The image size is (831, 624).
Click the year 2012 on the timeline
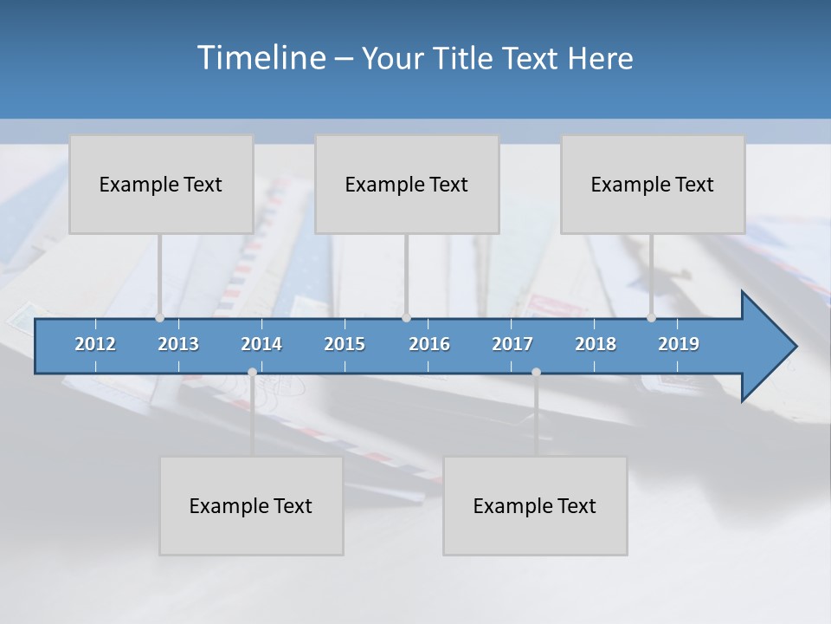coord(95,344)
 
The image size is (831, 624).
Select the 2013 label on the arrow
coord(178,344)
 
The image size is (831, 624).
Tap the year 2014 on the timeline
coord(261,344)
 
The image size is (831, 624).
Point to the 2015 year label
coord(345,344)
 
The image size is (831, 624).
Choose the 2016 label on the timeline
coord(429,344)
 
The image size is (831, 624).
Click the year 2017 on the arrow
coord(512,344)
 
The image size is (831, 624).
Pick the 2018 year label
coord(596,344)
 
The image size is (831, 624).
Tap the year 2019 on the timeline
coord(679,344)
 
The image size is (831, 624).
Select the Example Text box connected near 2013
coord(161,184)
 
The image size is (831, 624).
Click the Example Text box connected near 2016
coord(407,184)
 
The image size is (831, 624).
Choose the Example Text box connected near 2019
coord(653,184)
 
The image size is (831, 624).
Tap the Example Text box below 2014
coord(251,505)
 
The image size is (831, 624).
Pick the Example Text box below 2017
coord(535,505)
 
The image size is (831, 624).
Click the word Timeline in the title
coord(261,58)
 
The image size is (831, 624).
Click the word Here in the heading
coord(601,59)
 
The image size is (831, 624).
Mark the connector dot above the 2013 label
coord(160,318)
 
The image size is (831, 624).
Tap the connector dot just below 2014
coord(252,372)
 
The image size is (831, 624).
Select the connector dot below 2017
coord(536,372)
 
